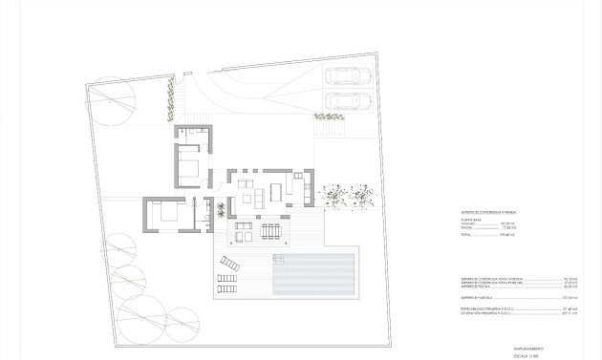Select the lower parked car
click(x=344, y=100)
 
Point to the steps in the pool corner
click(x=350, y=258)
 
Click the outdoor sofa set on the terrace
click(x=243, y=230)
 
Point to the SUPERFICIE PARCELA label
click(x=477, y=298)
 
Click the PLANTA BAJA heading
click(x=470, y=219)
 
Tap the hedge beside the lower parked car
click(x=328, y=116)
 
